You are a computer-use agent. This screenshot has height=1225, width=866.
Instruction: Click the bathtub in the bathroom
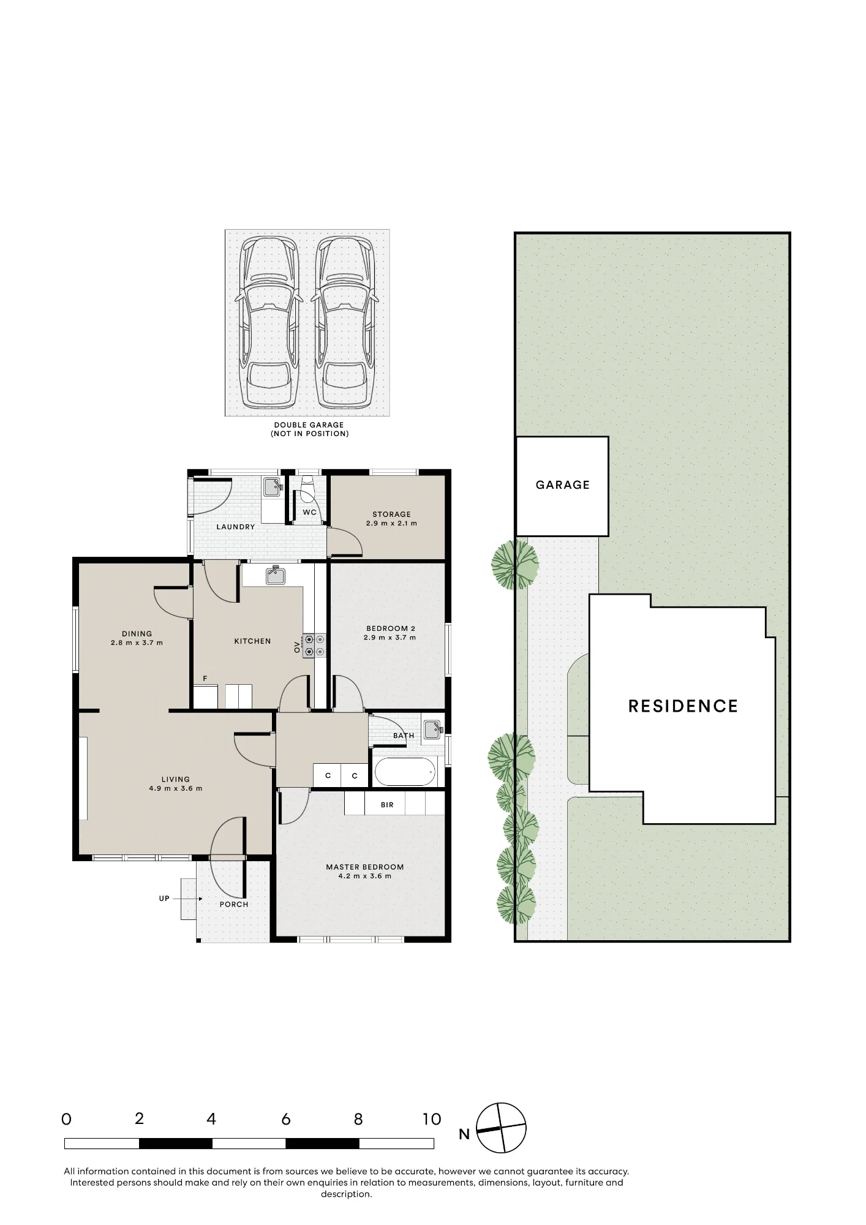(x=405, y=772)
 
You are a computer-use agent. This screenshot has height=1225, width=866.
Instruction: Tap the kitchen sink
(x=276, y=575)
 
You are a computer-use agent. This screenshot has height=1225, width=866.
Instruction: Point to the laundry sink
(x=272, y=487)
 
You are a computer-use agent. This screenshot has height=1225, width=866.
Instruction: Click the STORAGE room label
(x=392, y=514)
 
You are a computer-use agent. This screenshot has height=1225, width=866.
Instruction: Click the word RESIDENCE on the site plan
(x=683, y=706)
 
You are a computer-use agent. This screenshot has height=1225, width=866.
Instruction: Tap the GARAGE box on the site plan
(x=562, y=486)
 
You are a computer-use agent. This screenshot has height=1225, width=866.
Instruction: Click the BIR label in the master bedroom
(x=387, y=805)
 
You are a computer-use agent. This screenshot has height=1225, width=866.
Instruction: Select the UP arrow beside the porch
(x=188, y=899)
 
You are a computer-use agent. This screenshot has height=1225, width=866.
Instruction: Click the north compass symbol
(x=501, y=1128)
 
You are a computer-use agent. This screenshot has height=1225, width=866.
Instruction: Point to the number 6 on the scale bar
(x=285, y=1120)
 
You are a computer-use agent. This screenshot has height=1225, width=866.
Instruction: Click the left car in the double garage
(x=269, y=323)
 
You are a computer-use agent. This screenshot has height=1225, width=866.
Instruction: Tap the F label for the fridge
(x=205, y=679)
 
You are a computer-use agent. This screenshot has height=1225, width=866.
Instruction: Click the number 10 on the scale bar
(x=432, y=1120)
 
